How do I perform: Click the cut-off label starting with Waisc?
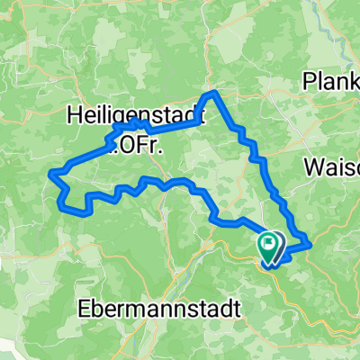tap(333, 167)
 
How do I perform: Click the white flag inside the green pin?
tap(269, 241)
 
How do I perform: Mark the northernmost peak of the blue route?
tap(212, 93)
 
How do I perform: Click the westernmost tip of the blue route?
tap(53, 170)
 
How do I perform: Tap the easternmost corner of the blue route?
tap(310, 242)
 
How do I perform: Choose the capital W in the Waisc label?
tap(315, 167)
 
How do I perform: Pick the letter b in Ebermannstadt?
tap(94, 307)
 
